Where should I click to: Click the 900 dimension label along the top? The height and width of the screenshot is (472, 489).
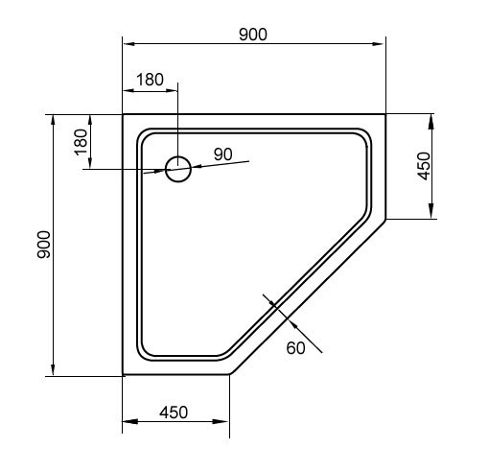click(253, 35)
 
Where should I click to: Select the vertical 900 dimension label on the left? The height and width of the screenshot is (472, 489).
click(44, 245)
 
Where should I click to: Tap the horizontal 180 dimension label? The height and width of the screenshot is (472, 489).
click(150, 80)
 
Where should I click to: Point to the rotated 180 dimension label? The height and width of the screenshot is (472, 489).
click(81, 142)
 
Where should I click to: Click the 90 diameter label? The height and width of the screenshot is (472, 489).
click(223, 154)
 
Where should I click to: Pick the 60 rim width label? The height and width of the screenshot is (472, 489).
click(295, 348)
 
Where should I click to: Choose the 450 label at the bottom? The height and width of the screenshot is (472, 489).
click(174, 413)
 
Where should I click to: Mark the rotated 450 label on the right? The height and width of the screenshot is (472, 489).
click(425, 166)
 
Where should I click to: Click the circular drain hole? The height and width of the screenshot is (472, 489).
click(178, 169)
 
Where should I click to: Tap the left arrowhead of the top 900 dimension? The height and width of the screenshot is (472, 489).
click(128, 44)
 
